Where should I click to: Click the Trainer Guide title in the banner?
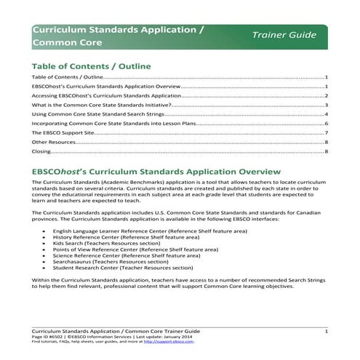284,35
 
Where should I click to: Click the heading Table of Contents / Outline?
91,66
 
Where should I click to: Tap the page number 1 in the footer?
327,331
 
